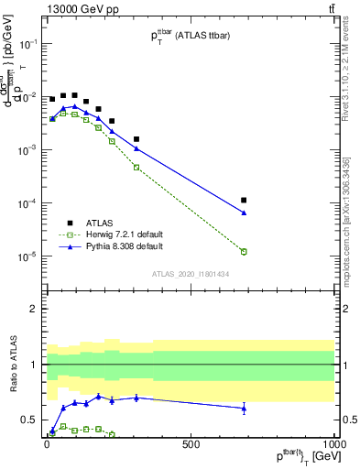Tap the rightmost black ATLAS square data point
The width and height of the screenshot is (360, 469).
click(244, 200)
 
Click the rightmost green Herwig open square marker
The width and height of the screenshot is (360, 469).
click(244, 251)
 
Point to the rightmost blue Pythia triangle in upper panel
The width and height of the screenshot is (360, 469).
click(244, 213)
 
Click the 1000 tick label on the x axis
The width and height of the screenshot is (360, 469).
click(333, 445)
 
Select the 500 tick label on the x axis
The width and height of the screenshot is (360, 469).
click(190, 445)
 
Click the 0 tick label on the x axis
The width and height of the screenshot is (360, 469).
click(46, 445)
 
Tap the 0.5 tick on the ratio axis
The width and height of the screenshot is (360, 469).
click(29, 420)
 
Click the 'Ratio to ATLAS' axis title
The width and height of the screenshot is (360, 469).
click(13, 364)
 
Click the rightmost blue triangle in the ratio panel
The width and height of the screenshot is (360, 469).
click(244, 408)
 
